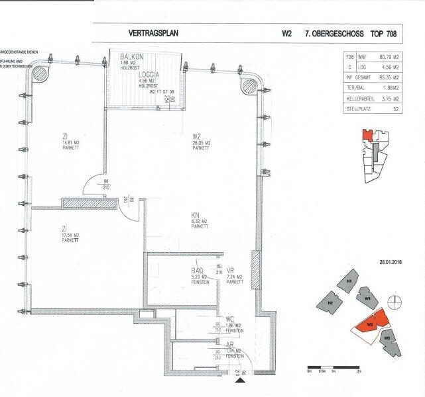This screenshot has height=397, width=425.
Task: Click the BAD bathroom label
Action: [x=197, y=271]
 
